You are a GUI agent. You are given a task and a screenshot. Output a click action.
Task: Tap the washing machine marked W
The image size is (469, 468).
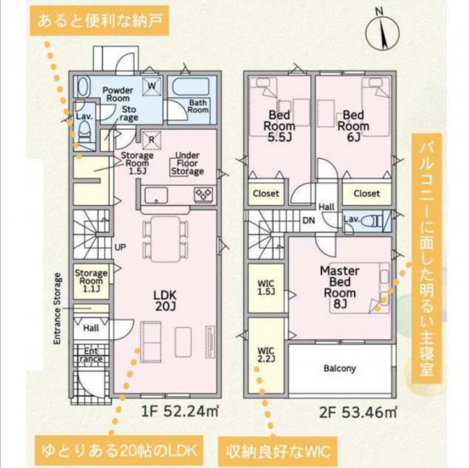click(x=152, y=86)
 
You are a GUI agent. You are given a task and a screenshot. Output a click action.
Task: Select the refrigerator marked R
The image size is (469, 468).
click(x=151, y=140)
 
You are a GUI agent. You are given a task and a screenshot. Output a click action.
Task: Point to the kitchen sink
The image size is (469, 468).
click(x=156, y=195)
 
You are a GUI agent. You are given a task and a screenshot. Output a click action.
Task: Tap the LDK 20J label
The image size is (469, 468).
click(x=165, y=301)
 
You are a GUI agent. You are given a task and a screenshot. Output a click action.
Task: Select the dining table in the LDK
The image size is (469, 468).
click(x=165, y=239)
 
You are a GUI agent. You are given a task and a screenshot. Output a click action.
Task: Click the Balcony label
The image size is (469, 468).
click(x=340, y=368)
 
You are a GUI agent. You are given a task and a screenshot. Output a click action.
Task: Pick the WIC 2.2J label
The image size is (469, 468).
click(x=266, y=354)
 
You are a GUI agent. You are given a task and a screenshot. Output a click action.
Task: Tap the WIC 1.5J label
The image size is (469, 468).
click(x=266, y=287)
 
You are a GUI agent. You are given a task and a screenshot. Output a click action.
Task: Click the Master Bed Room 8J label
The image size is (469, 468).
click(x=340, y=287)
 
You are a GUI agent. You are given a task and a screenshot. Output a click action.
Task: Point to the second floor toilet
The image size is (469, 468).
click(x=372, y=222)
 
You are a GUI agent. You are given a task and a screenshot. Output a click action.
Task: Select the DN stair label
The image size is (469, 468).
click(x=309, y=220)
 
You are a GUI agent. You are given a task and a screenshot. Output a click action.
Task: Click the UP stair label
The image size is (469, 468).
click(x=121, y=248)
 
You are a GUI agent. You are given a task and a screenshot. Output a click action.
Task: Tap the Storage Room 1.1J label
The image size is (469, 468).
click(x=91, y=281)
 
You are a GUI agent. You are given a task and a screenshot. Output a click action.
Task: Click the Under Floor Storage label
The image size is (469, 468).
click(x=187, y=163)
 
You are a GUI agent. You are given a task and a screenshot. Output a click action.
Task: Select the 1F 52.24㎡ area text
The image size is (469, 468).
click(x=179, y=412)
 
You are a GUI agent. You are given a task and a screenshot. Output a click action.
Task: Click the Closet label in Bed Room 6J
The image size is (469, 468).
click(x=367, y=193)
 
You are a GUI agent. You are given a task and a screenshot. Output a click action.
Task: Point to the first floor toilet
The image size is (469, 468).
click(x=85, y=132)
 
